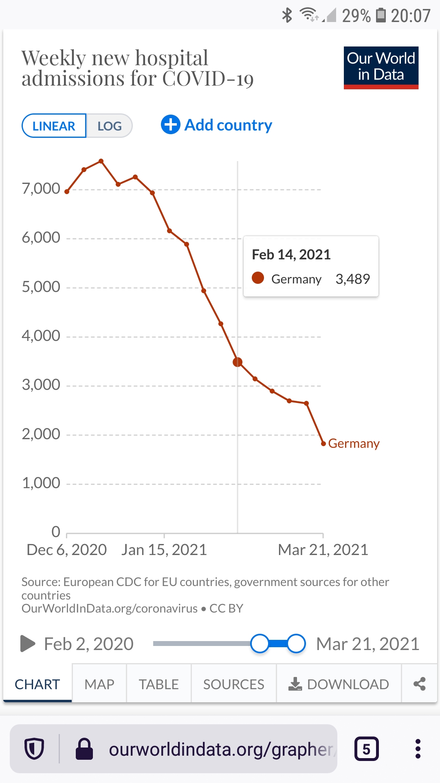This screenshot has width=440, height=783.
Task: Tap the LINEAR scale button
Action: (x=54, y=126)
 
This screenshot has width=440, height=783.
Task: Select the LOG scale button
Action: (x=109, y=126)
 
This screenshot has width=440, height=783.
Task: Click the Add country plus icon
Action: (x=171, y=125)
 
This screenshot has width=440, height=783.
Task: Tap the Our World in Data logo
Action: (x=381, y=68)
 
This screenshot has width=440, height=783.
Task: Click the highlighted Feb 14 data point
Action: (x=238, y=362)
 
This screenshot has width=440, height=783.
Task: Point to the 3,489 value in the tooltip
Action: (x=352, y=279)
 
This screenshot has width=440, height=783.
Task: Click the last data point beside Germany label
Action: (x=323, y=443)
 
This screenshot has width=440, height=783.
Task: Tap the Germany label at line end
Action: (x=354, y=443)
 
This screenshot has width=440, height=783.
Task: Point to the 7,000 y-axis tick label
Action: (x=41, y=189)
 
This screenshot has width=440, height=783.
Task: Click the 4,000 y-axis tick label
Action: (x=41, y=336)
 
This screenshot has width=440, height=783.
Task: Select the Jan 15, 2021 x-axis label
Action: (x=164, y=550)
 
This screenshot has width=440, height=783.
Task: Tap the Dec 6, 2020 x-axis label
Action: (x=66, y=550)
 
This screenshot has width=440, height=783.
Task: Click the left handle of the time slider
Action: (x=260, y=644)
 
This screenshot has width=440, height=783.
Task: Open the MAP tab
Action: (x=99, y=684)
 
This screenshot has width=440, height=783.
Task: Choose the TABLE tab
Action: (x=158, y=684)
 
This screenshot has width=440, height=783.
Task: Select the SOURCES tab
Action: (x=233, y=684)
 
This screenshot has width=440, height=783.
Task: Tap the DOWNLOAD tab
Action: (x=339, y=684)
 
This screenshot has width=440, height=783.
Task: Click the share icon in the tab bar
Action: (x=419, y=684)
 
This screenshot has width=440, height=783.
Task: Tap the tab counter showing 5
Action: (x=366, y=749)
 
